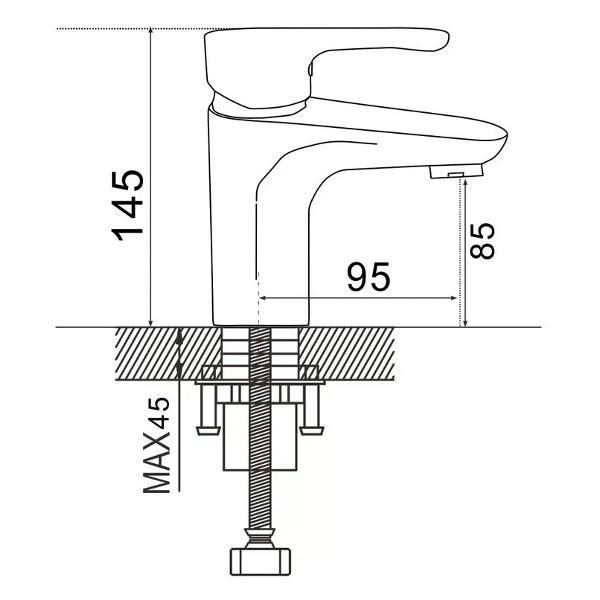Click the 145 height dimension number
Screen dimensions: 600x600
pos(127,205)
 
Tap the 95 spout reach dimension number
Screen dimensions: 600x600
pos(368,276)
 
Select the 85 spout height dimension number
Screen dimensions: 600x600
pos(483,241)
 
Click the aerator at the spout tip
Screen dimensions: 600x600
pos(456,171)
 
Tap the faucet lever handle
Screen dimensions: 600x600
pos(326,66)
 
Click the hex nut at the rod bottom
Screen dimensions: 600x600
pos(260,562)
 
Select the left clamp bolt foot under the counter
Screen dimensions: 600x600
pos(209,430)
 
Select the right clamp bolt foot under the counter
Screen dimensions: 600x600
pos(311,430)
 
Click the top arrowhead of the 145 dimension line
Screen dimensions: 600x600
pos(151,32)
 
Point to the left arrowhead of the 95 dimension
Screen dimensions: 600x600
pos(263,298)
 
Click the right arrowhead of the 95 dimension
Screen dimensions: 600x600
pos(453,298)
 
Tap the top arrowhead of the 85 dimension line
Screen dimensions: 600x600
pos(465,183)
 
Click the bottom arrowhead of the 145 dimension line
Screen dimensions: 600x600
pos(151,323)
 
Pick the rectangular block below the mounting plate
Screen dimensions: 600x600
pos(260,436)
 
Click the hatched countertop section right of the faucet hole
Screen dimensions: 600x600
pos(346,354)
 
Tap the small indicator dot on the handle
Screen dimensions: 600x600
pos(310,70)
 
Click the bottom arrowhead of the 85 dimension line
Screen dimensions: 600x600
pos(465,323)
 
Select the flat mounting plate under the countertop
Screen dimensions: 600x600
pos(260,382)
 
